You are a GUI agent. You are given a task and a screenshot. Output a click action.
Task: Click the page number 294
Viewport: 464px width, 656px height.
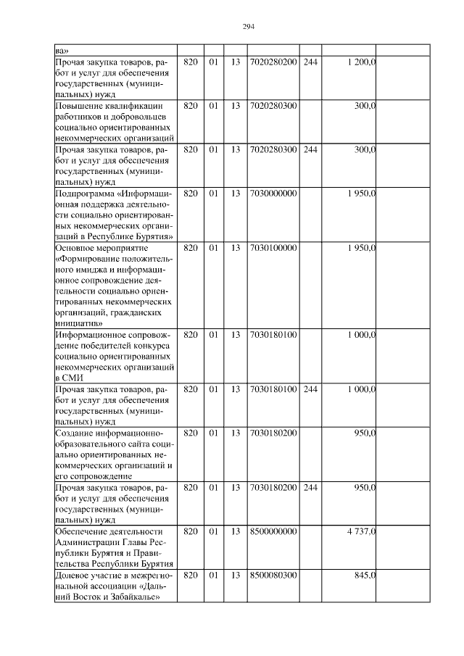pos(247,27)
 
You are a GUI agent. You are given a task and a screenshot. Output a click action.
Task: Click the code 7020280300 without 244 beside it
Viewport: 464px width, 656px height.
pos(273,106)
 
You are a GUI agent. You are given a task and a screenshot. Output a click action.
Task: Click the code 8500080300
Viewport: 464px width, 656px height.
pos(273,575)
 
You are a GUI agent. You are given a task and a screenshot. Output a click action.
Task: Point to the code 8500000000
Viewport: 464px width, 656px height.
pos(273,531)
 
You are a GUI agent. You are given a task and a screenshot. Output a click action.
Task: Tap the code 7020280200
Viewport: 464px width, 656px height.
pos(273,62)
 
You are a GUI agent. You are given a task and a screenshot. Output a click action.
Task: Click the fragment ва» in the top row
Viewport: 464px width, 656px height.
pos(62,51)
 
